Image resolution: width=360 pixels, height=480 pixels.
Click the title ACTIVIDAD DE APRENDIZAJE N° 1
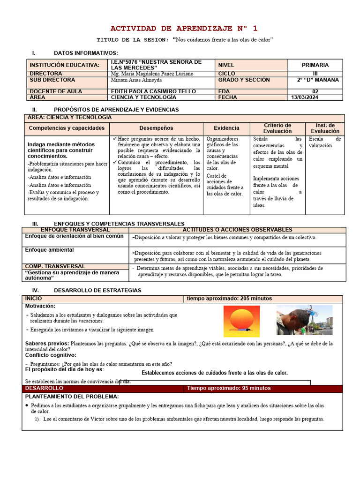[x=183, y=28]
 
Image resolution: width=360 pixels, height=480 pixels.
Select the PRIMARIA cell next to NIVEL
[x=315, y=65]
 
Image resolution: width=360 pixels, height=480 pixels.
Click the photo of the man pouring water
[x=304, y=320]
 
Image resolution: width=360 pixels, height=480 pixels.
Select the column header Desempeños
[x=156, y=128]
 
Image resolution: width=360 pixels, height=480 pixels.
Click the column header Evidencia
[x=226, y=128]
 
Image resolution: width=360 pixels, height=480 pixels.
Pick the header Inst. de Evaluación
[x=325, y=128]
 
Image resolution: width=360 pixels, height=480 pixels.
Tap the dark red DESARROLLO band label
[x=44, y=388]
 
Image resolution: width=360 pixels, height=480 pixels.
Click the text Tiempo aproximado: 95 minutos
[x=228, y=388]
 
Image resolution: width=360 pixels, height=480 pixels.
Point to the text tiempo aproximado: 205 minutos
[x=229, y=299]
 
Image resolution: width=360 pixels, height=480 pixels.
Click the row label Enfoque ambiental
[x=49, y=250]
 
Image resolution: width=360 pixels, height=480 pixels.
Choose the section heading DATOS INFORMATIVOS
[x=86, y=53]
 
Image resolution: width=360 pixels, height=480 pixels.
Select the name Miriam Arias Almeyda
[x=136, y=80]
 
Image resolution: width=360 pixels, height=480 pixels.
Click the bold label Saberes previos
[x=47, y=344]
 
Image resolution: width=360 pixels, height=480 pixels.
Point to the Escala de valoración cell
[x=324, y=142]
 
